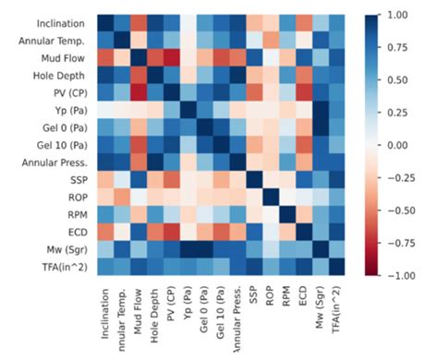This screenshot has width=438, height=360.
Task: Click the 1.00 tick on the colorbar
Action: [398, 16]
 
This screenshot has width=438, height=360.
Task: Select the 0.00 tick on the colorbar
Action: [398, 145]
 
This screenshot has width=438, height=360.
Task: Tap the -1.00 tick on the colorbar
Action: [396, 275]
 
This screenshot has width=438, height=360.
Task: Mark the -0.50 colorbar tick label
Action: [396, 210]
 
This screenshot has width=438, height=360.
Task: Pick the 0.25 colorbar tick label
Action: [398, 113]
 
